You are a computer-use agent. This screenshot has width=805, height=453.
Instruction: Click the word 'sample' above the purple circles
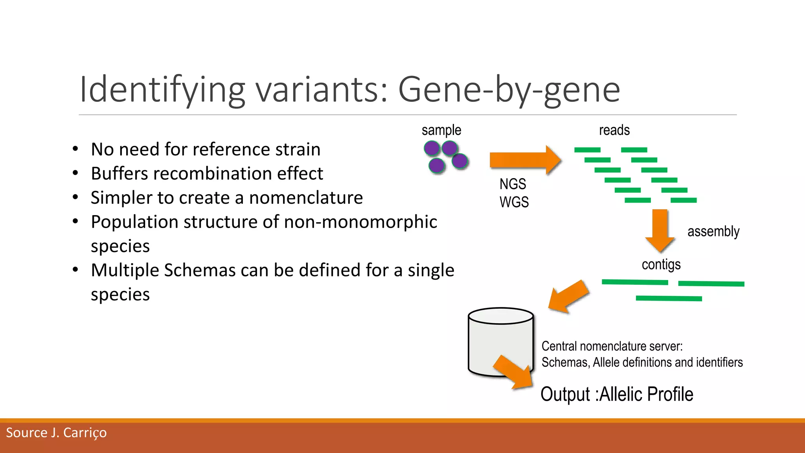pos(441,130)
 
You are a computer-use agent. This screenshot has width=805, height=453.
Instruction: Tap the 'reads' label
pos(614,130)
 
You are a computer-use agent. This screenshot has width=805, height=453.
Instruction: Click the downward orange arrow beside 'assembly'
pos(660,230)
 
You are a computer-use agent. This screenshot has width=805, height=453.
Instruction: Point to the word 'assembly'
pos(713,231)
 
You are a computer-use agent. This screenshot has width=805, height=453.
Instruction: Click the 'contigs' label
pos(661,265)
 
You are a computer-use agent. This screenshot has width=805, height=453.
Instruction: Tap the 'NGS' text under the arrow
pos(513,184)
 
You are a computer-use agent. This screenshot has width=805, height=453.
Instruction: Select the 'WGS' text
pos(514,202)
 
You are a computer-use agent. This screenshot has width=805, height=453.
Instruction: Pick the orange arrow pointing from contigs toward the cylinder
pos(568,296)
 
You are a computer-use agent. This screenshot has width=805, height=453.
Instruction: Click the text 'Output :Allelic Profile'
pos(617,394)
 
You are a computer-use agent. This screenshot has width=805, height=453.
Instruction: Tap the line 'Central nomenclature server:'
pos(612,346)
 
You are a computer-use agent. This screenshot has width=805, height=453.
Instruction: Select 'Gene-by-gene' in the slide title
pos(509,90)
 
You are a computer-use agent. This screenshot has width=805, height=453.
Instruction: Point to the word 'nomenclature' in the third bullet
pos(306,197)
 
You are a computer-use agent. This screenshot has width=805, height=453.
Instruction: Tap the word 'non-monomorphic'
pos(360,222)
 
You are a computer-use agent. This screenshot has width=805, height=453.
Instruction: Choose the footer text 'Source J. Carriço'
pos(56,433)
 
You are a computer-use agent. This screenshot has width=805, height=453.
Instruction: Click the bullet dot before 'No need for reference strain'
pos(75,149)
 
